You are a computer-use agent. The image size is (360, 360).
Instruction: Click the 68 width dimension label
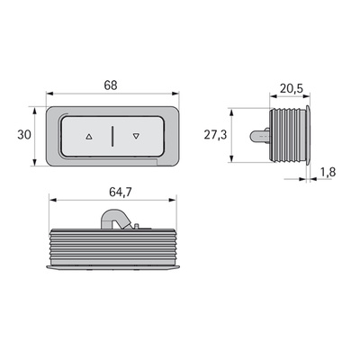point(111,85)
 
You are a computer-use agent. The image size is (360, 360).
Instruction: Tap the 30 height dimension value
point(24,135)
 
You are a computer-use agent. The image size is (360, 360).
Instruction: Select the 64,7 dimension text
point(121,193)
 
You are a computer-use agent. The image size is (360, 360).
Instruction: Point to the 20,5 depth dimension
point(292,88)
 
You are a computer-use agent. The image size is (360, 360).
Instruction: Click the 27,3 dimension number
point(216,135)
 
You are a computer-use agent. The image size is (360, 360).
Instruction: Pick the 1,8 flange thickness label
point(328,172)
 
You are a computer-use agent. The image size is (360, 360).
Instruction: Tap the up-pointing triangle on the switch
point(89,137)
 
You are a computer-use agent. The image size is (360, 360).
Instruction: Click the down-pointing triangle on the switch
point(136,136)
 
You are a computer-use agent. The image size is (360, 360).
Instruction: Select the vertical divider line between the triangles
point(112,137)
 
